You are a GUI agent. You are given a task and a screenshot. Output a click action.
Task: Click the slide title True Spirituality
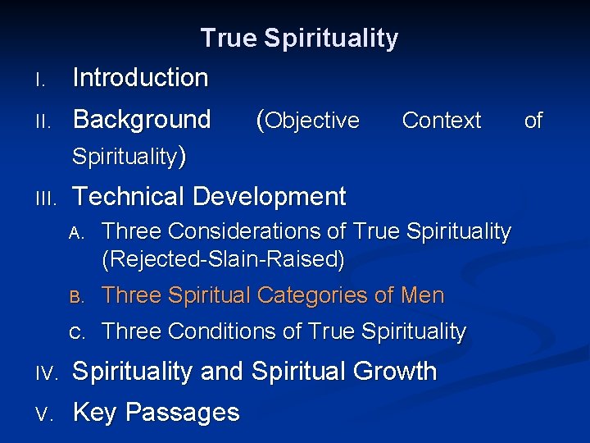299,39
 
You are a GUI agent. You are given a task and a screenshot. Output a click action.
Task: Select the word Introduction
140,78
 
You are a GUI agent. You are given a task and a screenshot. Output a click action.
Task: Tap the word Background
142,120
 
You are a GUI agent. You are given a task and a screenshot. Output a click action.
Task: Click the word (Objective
307,121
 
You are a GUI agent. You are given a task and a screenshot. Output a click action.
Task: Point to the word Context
441,121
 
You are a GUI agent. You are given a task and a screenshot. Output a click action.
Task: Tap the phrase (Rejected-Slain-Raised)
223,260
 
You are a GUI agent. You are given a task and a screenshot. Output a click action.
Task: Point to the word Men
423,295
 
